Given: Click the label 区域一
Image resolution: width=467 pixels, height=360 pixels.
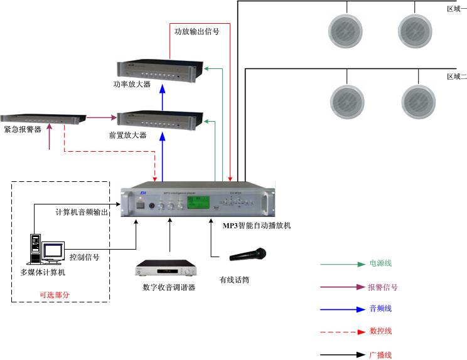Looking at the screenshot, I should tap(456, 9).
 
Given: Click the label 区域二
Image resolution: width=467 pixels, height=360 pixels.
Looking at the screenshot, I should tap(456, 77).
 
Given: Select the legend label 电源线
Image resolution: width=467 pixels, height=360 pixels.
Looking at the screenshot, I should tap(380, 264).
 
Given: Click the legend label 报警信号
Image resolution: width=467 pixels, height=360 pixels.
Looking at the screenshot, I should tap(382, 287).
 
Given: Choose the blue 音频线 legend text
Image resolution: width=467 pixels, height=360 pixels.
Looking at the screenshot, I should tap(380, 309).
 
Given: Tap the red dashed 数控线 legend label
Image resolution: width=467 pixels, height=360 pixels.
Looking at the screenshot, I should tap(380, 331).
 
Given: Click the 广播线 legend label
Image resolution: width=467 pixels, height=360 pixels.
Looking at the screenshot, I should tap(380, 355).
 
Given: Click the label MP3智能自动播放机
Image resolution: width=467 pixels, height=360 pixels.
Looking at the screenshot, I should tap(257, 225).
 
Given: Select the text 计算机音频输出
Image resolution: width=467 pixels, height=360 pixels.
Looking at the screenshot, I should tap(82, 212).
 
